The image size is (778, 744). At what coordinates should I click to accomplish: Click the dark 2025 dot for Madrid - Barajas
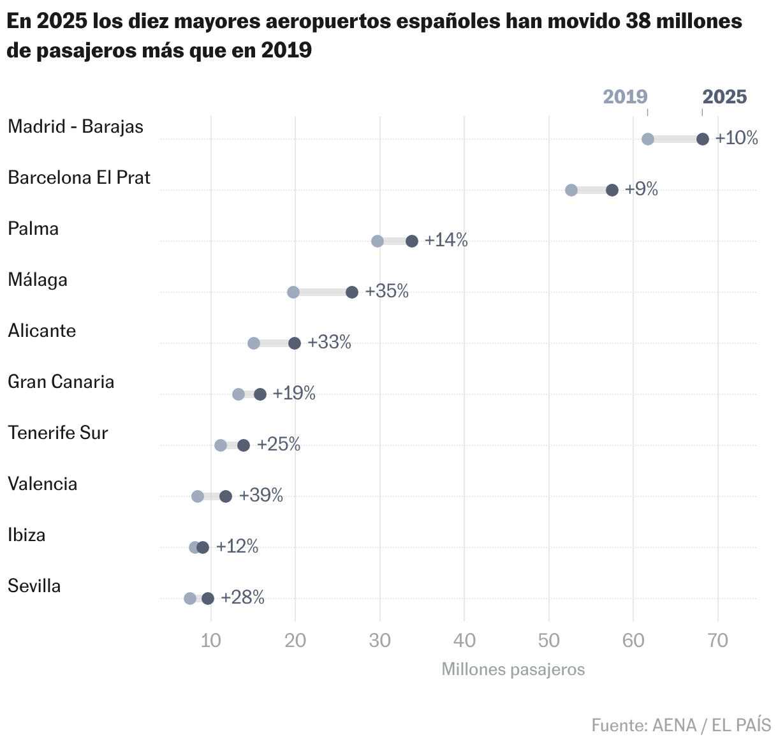702,139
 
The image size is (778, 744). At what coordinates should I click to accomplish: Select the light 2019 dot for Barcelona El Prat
571,190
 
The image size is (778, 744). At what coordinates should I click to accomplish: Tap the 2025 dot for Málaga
352,292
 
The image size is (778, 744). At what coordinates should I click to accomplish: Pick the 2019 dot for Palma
378,241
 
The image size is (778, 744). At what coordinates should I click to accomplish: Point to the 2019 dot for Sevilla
190,599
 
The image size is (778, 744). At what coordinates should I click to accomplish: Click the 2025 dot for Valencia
226,496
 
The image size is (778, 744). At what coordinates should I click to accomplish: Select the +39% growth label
261,495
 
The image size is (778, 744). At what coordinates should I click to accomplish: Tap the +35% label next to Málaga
386,291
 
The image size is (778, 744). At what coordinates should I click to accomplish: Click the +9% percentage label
641,189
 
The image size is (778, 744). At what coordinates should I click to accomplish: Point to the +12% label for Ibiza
237,546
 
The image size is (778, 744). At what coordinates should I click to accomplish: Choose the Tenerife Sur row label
58,433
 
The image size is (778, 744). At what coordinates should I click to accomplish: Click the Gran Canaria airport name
61,382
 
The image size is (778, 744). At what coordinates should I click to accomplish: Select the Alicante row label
42,331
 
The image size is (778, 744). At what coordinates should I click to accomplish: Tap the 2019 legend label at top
625,97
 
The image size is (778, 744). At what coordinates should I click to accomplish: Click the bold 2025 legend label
724,97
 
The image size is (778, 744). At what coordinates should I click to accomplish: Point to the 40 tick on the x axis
465,641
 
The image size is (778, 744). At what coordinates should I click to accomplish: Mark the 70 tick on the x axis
718,641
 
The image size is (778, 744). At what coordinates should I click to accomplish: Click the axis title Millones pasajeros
513,669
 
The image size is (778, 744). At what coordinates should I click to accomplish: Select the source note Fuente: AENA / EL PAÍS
681,725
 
